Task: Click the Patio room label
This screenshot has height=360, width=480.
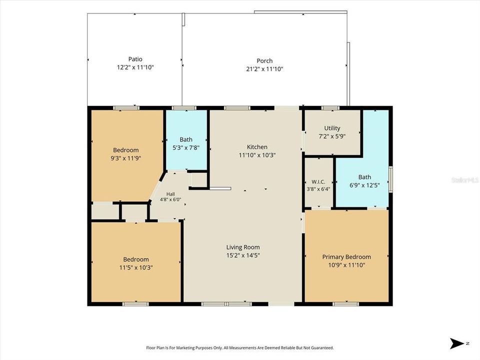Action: click(135, 59)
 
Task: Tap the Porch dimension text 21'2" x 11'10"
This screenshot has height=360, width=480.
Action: click(264, 69)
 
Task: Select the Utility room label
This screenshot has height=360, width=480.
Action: click(332, 128)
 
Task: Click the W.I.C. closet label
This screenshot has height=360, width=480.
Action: click(318, 182)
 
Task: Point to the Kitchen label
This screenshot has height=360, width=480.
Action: click(257, 147)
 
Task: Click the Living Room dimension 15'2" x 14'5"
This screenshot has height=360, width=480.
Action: click(243, 255)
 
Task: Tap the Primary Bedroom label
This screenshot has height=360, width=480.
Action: click(346, 257)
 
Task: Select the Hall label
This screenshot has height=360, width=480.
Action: click(170, 194)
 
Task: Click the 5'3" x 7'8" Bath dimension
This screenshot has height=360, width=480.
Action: click(186, 147)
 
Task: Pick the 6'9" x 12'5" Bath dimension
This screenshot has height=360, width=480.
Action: click(364, 185)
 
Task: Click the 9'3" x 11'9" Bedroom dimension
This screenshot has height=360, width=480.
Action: click(126, 158)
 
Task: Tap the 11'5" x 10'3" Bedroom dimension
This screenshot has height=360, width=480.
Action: click(136, 267)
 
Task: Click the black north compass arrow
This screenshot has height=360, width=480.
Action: click(457, 343)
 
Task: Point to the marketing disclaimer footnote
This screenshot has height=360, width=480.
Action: click(239, 348)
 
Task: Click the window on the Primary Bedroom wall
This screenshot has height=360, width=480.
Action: click(345, 304)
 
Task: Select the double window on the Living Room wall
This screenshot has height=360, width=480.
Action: click(226, 304)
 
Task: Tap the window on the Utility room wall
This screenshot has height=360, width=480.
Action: click(330, 108)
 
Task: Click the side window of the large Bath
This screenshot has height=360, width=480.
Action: click(390, 179)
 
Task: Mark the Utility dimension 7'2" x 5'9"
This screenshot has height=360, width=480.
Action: click(332, 136)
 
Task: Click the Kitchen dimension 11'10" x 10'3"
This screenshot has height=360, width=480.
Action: click(257, 155)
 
